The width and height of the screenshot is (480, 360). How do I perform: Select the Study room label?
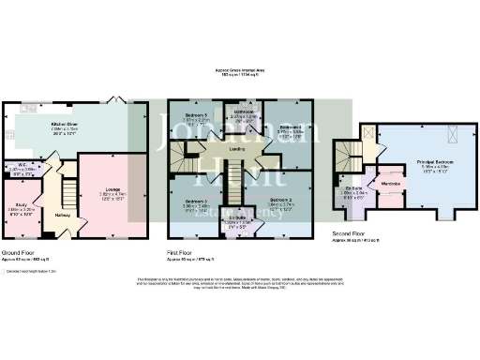pos(20,203)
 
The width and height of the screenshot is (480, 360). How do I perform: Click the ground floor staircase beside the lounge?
pos(67,194)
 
